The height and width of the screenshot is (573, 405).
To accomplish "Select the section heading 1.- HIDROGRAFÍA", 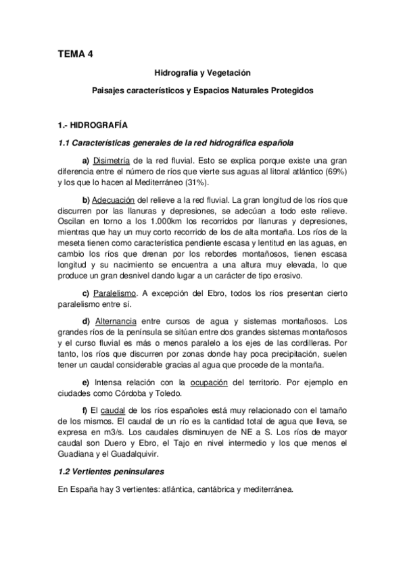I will click(x=92, y=125).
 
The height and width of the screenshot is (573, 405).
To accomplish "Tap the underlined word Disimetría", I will click(x=112, y=160).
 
